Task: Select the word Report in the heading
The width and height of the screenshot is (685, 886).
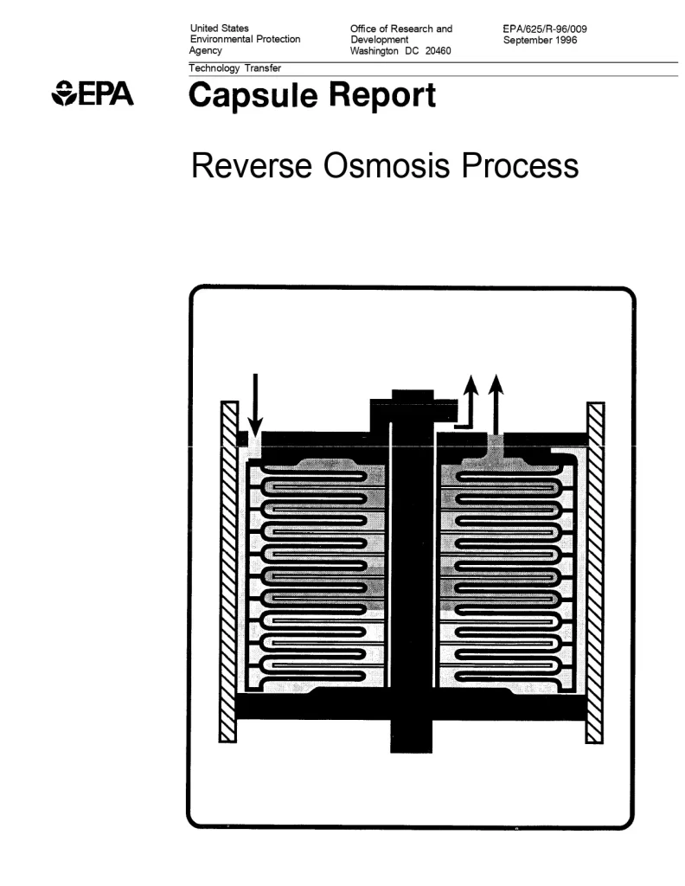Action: (x=382, y=95)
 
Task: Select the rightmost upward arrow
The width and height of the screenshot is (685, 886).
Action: (x=496, y=402)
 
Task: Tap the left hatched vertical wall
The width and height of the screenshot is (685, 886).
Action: (x=229, y=571)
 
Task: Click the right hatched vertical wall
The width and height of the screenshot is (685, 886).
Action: (x=595, y=571)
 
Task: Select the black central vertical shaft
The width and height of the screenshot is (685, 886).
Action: (x=413, y=571)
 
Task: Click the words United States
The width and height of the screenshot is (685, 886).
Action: (x=219, y=29)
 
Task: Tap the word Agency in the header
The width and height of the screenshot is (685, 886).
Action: (x=206, y=50)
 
